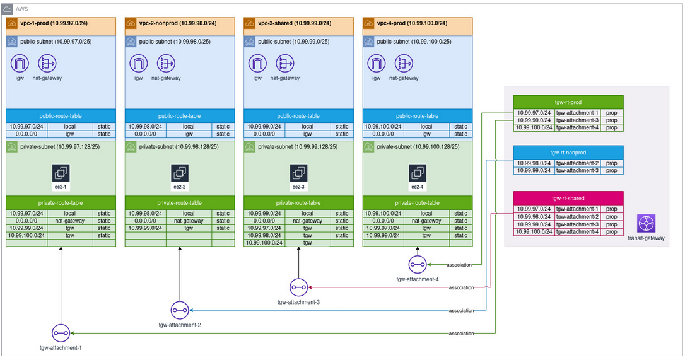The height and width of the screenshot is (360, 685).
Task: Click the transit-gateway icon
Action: [647, 223]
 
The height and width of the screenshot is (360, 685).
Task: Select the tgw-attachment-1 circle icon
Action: [61, 333]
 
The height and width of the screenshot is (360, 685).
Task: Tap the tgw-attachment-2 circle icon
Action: [180, 310]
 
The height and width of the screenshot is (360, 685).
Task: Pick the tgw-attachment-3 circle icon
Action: [298, 287]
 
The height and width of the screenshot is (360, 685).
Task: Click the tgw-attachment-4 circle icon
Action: [417, 264]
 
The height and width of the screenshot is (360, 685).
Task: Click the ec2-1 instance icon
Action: [61, 173]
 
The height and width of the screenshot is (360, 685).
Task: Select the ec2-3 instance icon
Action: [298, 173]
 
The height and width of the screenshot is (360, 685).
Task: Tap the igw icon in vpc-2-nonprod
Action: [138, 64]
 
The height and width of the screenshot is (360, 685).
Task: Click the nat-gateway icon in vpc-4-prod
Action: [404, 64]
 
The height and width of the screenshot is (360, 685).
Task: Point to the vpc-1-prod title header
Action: [61, 23]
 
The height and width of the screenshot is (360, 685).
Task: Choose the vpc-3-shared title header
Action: [298, 23]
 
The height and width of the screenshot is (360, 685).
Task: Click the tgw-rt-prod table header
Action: [568, 102]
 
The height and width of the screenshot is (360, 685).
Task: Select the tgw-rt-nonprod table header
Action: [568, 152]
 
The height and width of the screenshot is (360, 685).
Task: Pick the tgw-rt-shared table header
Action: [568, 198]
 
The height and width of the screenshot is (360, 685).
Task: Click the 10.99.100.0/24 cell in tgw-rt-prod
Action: [534, 127]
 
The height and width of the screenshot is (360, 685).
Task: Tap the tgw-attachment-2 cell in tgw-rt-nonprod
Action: [577, 163]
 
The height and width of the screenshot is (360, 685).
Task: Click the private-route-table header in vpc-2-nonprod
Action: [180, 203]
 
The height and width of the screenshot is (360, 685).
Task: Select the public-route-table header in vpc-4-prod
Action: [417, 116]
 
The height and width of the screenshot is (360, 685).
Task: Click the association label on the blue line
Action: [461, 311]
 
